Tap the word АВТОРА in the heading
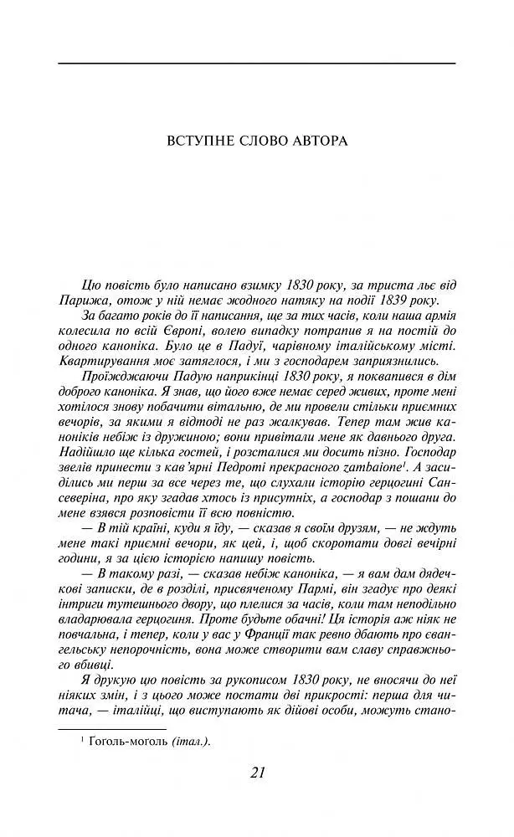319,140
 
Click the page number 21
257,772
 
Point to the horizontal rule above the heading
257,63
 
